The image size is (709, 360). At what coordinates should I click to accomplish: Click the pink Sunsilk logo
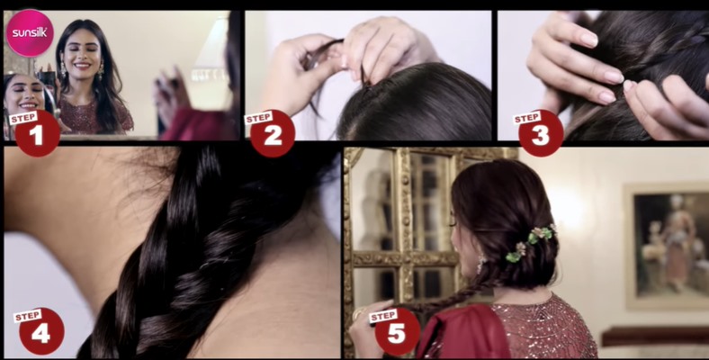[x=30, y=33]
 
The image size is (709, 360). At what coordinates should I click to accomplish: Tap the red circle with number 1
[x=37, y=134]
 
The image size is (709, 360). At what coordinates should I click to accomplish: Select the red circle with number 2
[x=273, y=134]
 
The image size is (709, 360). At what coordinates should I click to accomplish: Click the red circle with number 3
[x=541, y=134]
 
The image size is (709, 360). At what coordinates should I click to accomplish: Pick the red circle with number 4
[x=41, y=332]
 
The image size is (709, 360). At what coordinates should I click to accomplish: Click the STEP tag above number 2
[x=258, y=118]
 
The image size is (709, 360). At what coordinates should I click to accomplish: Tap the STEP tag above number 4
[x=28, y=315]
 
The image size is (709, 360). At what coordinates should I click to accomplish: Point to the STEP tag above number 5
[x=383, y=315]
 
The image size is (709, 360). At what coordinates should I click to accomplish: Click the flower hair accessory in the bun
[x=531, y=242]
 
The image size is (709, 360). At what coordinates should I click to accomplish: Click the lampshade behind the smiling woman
[x=211, y=49]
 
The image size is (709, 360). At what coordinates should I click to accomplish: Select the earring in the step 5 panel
[x=481, y=264]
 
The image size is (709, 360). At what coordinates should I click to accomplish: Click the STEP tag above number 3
[x=526, y=118]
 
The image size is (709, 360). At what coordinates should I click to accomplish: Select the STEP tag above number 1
[x=23, y=118]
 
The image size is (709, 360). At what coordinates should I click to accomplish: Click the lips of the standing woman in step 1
[x=82, y=65]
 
